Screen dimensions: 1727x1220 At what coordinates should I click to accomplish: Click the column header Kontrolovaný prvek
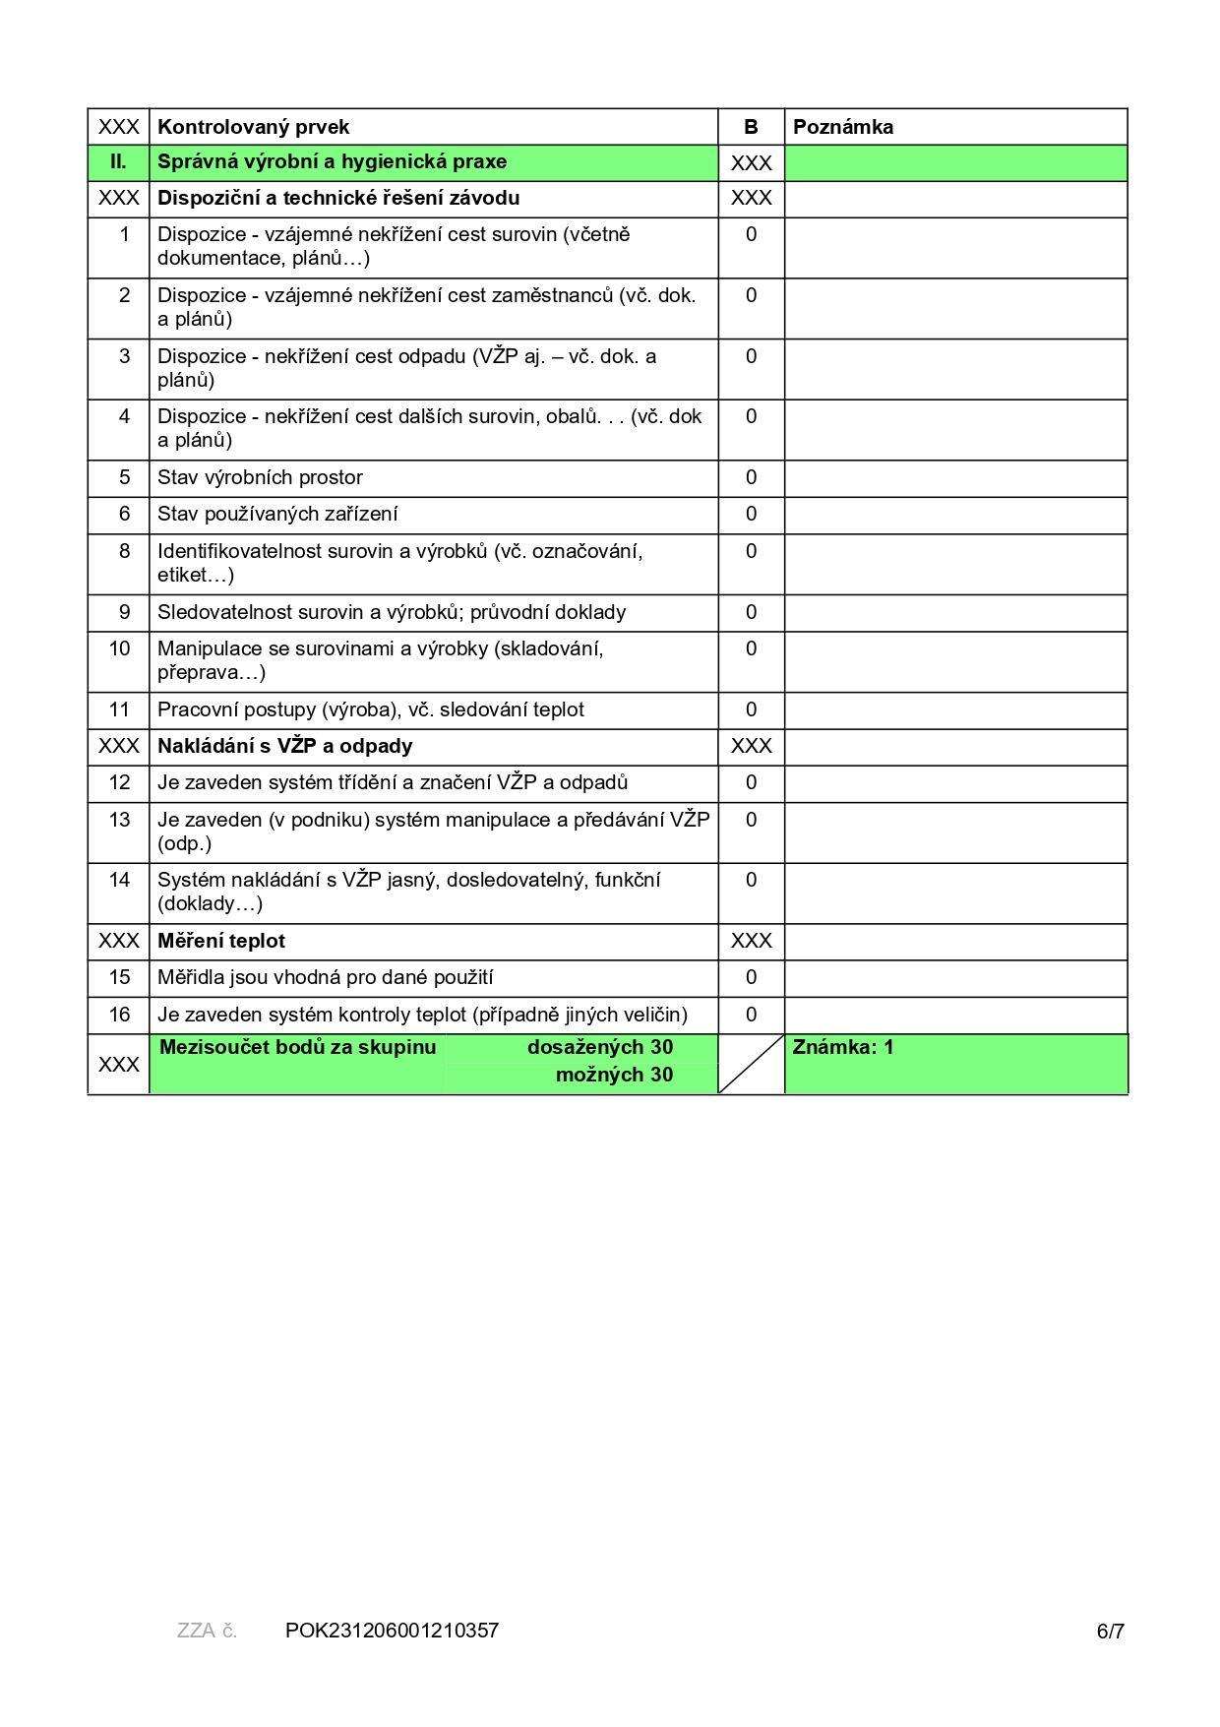[x=253, y=127]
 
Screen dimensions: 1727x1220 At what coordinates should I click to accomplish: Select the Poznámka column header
[x=843, y=127]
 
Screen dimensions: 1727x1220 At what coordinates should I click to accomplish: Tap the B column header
[x=751, y=127]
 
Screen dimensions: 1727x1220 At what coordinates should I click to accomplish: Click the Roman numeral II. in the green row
[x=118, y=162]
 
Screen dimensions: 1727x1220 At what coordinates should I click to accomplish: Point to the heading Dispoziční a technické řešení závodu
[x=338, y=198]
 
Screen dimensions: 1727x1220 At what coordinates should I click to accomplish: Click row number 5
[x=124, y=477]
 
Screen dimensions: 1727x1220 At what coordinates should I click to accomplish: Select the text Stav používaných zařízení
[x=277, y=514]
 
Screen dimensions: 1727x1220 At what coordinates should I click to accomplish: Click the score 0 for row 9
[x=751, y=612]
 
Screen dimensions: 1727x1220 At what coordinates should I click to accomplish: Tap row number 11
[x=119, y=709]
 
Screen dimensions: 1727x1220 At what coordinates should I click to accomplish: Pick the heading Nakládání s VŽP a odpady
[x=284, y=746]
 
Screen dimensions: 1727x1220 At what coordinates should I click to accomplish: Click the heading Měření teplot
[x=221, y=941]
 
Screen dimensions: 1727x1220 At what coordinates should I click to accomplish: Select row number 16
[x=119, y=1015]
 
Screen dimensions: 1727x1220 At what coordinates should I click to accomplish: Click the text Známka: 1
[x=843, y=1047]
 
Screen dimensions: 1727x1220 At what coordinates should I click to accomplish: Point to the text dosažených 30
[x=599, y=1047]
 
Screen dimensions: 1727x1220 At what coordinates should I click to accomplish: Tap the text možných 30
[x=614, y=1075]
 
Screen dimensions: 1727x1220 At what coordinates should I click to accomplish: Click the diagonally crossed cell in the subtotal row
[x=751, y=1064]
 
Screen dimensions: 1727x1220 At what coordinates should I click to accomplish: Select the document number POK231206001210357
[x=392, y=1631]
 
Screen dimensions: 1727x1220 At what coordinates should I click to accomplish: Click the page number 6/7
[x=1110, y=1632]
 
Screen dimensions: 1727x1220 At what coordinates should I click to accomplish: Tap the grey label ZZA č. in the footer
[x=207, y=1631]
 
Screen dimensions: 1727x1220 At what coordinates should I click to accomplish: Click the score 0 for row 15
[x=751, y=977]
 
